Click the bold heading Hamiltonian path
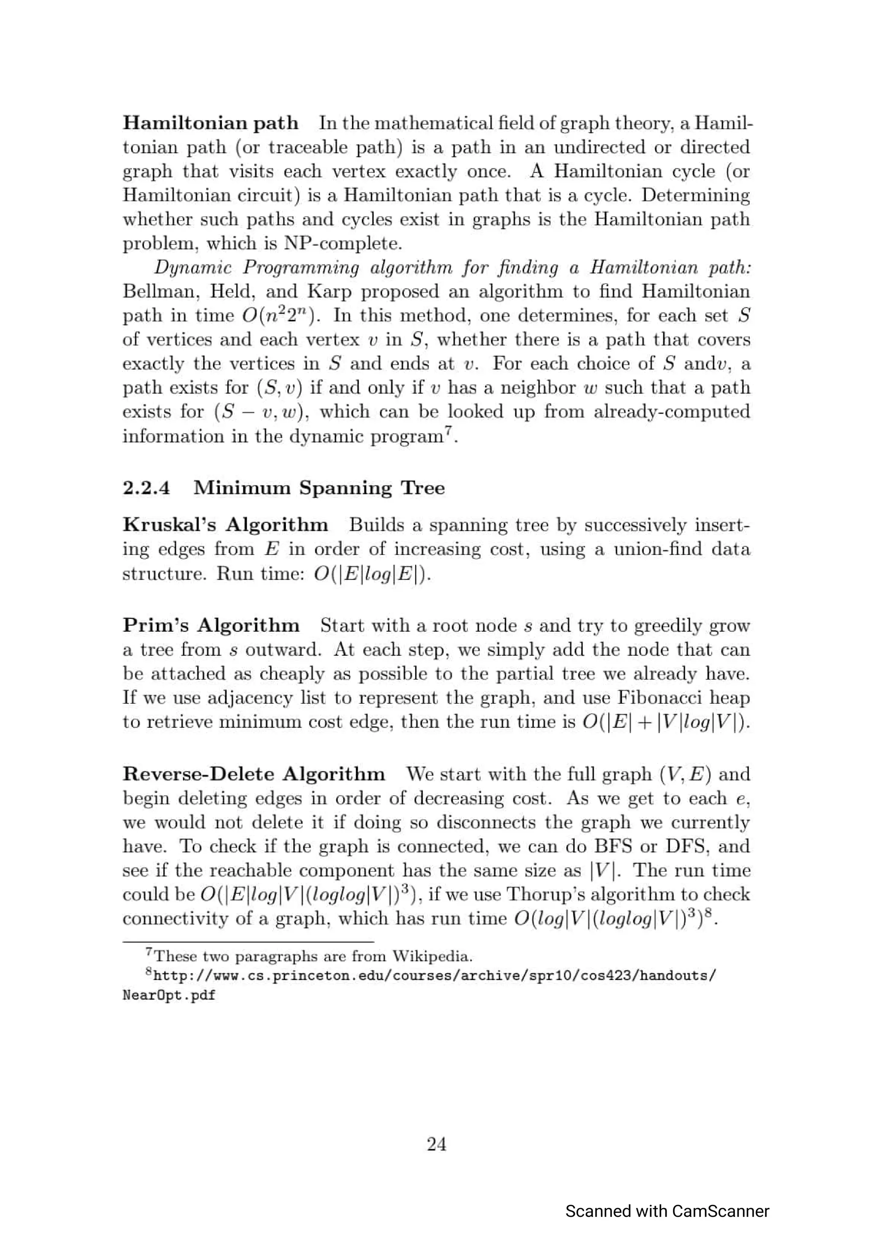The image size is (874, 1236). (x=210, y=123)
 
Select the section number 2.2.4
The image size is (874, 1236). (x=146, y=488)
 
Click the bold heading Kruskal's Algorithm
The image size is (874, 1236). (x=225, y=525)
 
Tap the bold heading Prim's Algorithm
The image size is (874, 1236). (x=211, y=626)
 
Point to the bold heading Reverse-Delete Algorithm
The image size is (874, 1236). (x=253, y=774)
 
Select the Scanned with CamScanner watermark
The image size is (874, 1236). (x=667, y=1211)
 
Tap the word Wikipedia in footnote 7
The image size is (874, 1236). (x=432, y=956)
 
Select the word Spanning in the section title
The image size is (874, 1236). (x=346, y=488)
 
